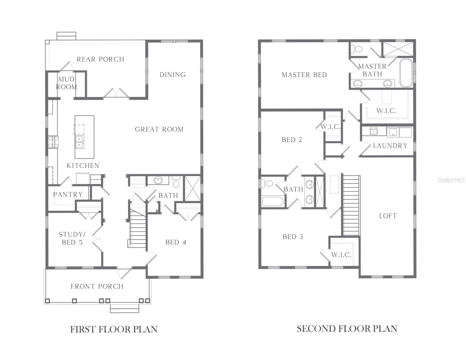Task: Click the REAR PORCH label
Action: pos(100,59)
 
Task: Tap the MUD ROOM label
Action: pos(66,83)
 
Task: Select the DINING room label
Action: pos(173,75)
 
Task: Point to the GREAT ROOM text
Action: pos(159,129)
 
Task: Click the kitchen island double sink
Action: pos(79,142)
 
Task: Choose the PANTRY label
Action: pos(68,194)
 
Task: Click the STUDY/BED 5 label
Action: pos(72,238)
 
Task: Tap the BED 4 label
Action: pos(176,242)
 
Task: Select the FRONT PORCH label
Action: pos(97,286)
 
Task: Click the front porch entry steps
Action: pos(125,309)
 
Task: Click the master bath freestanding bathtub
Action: pos(406,73)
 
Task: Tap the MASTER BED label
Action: pos(304,75)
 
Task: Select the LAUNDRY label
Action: pos(390,146)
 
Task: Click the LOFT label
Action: pos(388,216)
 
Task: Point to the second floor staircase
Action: pos(351,205)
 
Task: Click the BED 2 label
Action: pos(292,140)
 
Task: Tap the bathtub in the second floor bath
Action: pos(272,201)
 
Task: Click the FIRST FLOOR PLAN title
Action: pos(114,329)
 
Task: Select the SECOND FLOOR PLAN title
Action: pos(347,329)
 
